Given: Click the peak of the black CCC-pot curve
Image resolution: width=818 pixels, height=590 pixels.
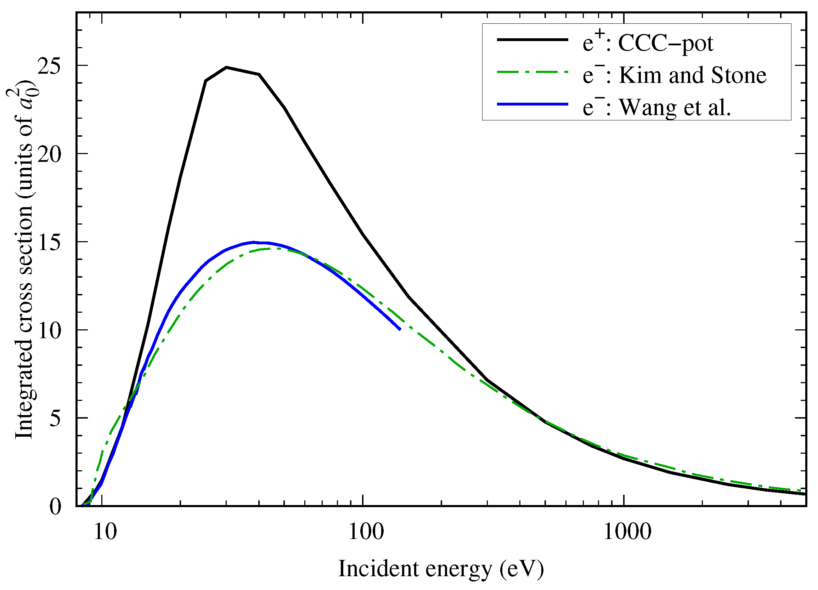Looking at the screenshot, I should click(x=226, y=67).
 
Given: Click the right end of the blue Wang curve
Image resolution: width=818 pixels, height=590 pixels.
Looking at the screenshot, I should click(x=400, y=329).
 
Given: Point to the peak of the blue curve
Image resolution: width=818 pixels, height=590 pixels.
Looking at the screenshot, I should click(x=254, y=242).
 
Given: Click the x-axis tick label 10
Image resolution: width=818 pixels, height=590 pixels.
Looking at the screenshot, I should click(x=105, y=532).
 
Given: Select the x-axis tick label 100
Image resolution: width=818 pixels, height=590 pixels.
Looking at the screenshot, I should click(x=366, y=532).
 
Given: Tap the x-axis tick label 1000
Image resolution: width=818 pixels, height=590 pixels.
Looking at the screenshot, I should click(x=627, y=532).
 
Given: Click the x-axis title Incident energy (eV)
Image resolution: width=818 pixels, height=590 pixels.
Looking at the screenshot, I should click(x=441, y=569).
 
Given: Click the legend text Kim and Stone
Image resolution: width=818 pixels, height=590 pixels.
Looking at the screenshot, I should click(x=693, y=75).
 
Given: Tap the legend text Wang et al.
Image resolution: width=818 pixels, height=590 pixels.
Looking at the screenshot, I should click(x=675, y=107).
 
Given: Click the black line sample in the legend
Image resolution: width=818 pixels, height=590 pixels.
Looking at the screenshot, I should click(x=532, y=40).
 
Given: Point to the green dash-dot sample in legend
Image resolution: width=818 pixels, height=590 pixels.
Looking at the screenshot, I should click(x=532, y=72).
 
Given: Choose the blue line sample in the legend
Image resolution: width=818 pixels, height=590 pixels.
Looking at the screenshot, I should click(x=532, y=104).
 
